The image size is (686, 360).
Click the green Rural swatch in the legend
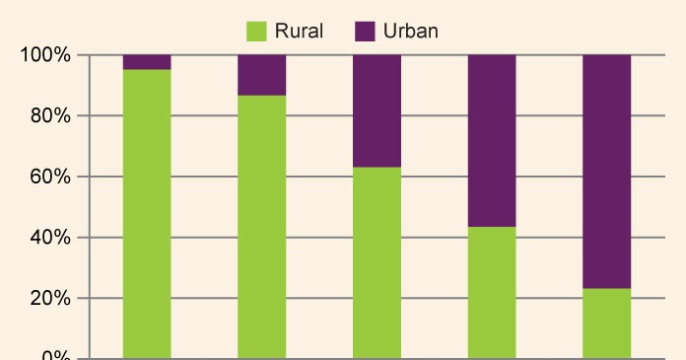pos(256,32)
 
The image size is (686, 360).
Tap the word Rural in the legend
pos(300,32)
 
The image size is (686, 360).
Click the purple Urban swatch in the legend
pos(366,32)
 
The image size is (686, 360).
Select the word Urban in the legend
pos(411,32)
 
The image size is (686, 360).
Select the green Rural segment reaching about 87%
pos(262,227)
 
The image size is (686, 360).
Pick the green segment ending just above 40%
pos(492,293)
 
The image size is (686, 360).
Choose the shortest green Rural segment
pos(607,324)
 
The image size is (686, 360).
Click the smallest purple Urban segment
pos(147,62)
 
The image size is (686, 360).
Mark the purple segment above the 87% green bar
pos(262,75)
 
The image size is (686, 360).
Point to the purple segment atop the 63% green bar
pos(377,110)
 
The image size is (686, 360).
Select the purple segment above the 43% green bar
pos(492,141)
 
